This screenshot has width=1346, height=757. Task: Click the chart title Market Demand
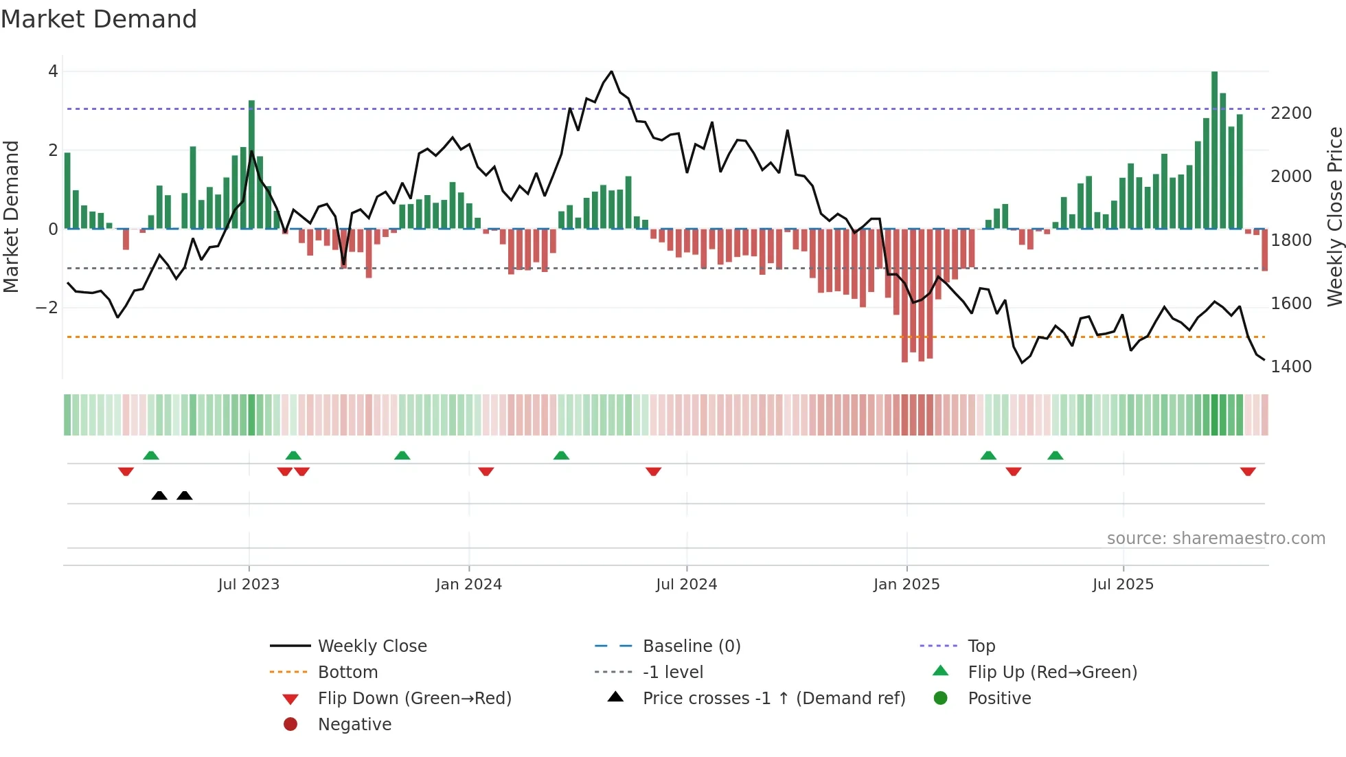click(x=99, y=19)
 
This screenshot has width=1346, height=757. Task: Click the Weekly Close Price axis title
click(x=1334, y=216)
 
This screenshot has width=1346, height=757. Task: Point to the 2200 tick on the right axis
click(x=1290, y=113)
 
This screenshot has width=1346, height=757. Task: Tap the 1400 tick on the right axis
click(x=1290, y=367)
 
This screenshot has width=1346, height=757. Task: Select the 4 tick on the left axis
click(x=53, y=71)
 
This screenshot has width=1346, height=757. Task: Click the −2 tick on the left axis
click(x=47, y=308)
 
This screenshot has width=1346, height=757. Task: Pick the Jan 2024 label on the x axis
click(x=468, y=585)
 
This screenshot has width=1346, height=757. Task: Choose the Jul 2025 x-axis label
click(x=1123, y=585)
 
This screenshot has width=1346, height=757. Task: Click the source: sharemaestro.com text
click(x=1216, y=539)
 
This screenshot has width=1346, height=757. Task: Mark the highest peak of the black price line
click(x=611, y=71)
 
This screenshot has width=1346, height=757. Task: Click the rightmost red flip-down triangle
click(x=1248, y=471)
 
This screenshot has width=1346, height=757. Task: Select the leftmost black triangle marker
click(x=159, y=495)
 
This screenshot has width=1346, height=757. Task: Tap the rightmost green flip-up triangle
click(x=1056, y=455)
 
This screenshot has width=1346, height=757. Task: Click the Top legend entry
click(x=981, y=646)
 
